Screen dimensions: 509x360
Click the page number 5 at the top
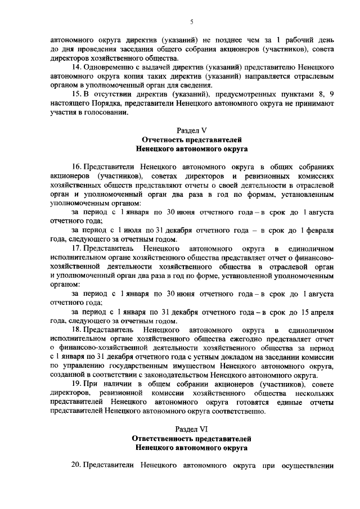(x=191, y=22)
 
